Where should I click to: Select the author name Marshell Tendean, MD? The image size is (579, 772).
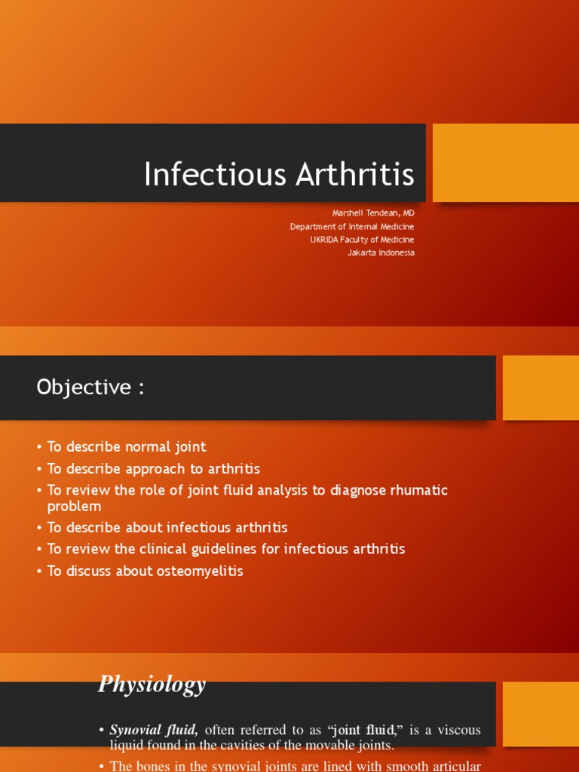[x=374, y=213]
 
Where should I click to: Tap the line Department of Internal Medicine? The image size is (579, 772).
[x=352, y=226]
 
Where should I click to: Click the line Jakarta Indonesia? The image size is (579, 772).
[x=381, y=253]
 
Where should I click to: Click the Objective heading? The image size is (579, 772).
[x=90, y=388]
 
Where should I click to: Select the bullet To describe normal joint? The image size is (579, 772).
[x=127, y=447]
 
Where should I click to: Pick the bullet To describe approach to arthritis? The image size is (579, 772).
[x=154, y=468]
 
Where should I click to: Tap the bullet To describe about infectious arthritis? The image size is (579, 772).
[x=167, y=528]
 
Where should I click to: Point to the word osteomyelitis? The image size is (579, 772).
[x=199, y=571]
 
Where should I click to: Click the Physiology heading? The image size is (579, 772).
[x=152, y=685]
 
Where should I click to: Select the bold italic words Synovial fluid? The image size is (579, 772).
[x=154, y=730]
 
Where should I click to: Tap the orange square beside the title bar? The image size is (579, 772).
[x=505, y=163]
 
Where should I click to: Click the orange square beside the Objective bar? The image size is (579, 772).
[x=541, y=388]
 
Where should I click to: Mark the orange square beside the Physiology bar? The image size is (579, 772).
[x=541, y=714]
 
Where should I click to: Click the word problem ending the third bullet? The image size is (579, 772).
[x=74, y=507]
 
